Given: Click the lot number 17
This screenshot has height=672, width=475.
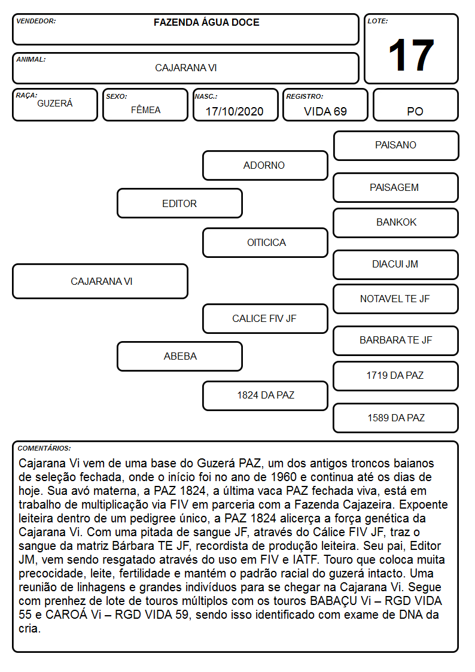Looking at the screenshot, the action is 411,55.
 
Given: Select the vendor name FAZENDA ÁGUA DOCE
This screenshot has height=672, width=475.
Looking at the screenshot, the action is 206,22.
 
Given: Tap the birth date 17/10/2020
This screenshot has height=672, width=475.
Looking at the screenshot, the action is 235,111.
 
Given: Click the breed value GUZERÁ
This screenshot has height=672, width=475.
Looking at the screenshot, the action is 55,104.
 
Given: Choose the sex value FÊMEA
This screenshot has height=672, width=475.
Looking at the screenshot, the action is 145,110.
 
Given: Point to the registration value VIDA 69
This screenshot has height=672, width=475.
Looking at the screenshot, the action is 325,111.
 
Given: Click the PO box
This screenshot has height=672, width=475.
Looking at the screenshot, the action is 415,105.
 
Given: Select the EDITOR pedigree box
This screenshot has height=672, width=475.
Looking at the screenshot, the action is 179,203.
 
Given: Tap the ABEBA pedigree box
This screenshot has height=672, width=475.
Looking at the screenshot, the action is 179,356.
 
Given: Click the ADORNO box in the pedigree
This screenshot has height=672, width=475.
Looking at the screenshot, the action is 265,165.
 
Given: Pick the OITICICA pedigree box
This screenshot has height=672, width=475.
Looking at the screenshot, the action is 265,242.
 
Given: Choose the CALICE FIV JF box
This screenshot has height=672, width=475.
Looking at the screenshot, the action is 265,318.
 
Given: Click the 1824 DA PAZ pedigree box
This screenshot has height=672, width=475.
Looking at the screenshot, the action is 265,396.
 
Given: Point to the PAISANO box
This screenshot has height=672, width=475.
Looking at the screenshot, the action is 396,146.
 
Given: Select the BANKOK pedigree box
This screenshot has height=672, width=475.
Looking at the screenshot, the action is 396,223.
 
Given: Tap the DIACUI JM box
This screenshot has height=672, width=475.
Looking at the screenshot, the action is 396,264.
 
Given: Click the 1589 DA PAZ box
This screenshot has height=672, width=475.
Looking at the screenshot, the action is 396,418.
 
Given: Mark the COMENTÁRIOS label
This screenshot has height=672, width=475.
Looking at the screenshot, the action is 44,448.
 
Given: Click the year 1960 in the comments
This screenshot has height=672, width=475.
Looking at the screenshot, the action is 284,477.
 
